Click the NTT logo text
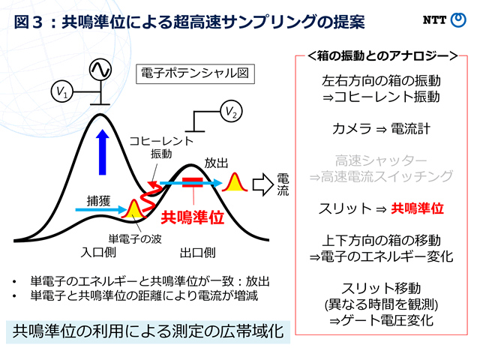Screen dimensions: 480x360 [x=434, y=20]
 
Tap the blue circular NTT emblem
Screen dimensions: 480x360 [x=458, y=20]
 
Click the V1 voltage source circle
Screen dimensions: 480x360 [x=62, y=91]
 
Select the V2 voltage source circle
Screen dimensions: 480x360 [x=232, y=111]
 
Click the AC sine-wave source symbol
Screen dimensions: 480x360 [x=100, y=70]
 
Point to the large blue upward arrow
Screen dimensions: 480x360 [x=102, y=152]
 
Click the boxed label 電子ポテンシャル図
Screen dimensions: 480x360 [x=195, y=73]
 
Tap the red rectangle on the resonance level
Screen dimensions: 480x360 [x=193, y=182]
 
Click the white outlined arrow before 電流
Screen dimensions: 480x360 [x=263, y=184]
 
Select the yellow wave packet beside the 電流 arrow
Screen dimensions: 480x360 [x=235, y=183]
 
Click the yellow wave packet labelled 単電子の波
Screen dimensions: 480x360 [x=133, y=208]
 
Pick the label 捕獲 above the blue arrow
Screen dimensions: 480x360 [x=98, y=201]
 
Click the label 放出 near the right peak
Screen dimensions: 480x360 [x=216, y=163]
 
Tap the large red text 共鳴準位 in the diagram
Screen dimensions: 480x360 [x=193, y=217]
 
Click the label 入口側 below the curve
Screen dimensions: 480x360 [x=98, y=253]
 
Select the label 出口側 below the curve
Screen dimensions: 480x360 [x=198, y=253]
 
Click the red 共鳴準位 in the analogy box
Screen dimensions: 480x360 [x=418, y=208]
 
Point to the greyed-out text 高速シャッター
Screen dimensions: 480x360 [x=381, y=160]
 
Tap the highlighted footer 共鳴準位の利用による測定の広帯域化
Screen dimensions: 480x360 [x=148, y=331]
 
